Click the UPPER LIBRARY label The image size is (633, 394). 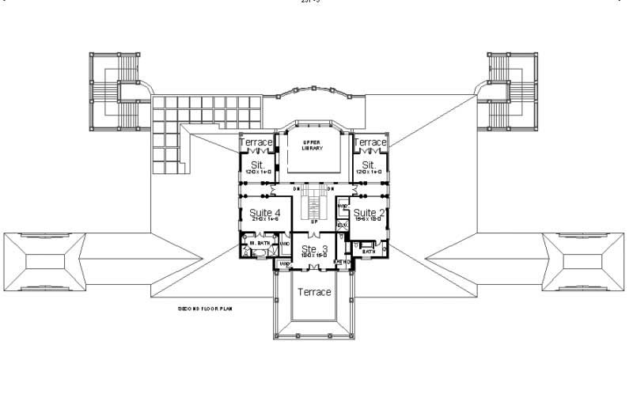(313, 146)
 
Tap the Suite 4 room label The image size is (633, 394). (265, 213)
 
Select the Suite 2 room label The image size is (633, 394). (369, 213)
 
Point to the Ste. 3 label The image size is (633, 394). (314, 250)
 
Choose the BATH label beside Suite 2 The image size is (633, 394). (369, 252)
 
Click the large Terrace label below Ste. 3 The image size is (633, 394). (314, 292)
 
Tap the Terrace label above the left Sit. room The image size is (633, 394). (256, 142)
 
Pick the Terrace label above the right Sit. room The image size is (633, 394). (370, 142)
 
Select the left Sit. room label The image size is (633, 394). (257, 165)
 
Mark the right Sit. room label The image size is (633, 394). (369, 165)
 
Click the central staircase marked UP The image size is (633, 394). (314, 207)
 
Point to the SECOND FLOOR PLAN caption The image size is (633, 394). (204, 309)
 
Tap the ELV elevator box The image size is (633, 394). (343, 225)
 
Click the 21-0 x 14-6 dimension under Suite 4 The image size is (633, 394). (265, 222)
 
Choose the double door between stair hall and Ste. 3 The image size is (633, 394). (314, 233)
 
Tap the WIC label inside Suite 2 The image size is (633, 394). (343, 207)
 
